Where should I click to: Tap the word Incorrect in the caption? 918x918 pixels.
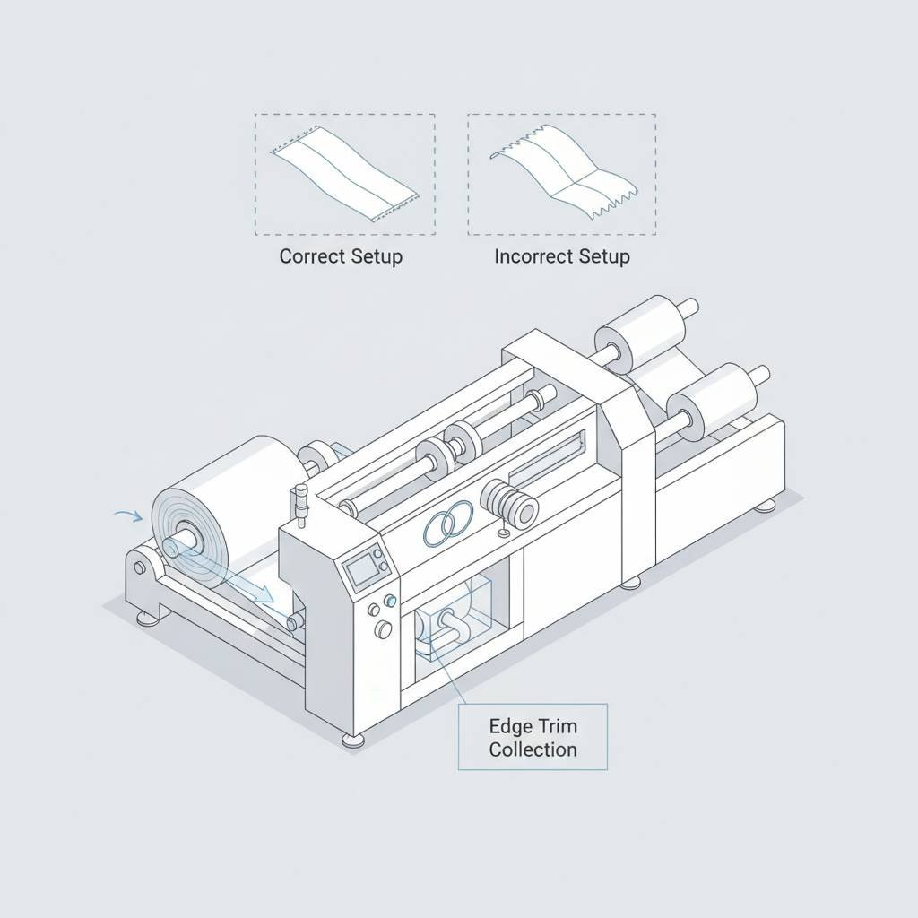click(533, 256)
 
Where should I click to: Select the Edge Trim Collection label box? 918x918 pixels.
click(533, 737)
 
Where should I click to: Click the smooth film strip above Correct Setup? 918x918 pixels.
click(344, 173)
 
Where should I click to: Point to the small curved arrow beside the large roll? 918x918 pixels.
click(129, 515)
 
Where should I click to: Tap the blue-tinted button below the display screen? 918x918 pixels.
click(390, 600)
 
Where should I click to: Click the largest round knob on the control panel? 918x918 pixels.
click(383, 629)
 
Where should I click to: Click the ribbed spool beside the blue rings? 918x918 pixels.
click(509, 503)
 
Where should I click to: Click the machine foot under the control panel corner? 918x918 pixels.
click(353, 740)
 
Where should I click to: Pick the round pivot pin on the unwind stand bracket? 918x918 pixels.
click(139, 567)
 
